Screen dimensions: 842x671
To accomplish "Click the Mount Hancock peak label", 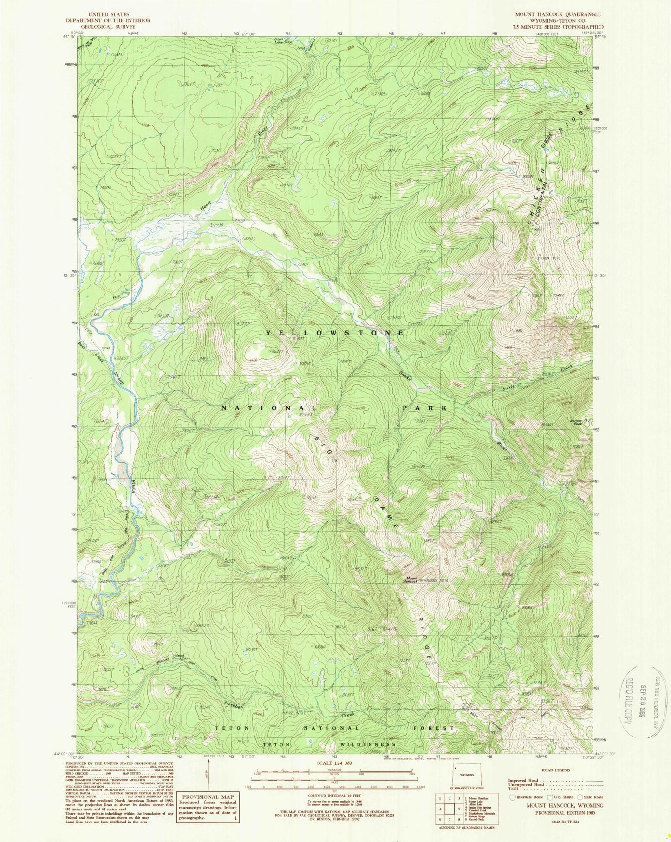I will coord(410,580).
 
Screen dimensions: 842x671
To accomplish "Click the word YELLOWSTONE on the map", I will coord(335,332).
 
